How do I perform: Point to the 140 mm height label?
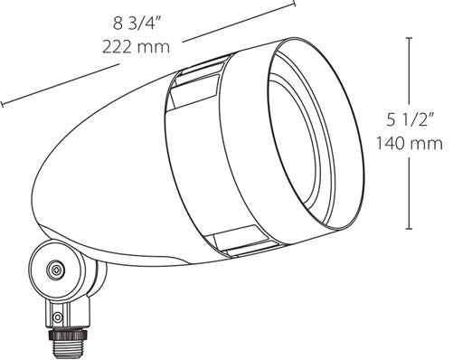point(412,143)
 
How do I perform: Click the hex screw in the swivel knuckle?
point(56,270)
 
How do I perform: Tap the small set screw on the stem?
point(59,317)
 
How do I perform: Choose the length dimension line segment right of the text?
point(240,23)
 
